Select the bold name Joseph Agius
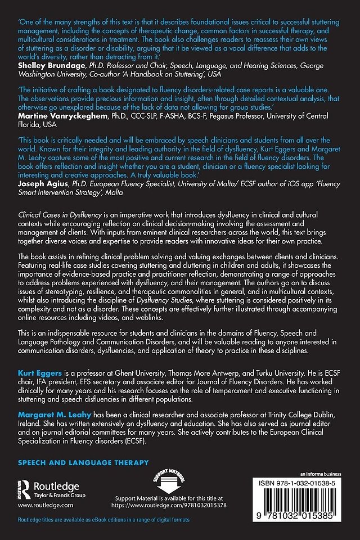point(40,183)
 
